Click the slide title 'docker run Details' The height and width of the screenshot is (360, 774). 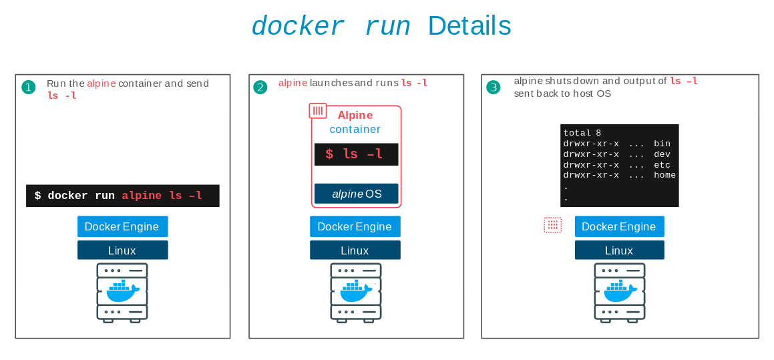[x=381, y=27]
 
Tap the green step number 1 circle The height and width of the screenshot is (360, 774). [x=28, y=87]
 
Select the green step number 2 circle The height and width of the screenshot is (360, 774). [x=260, y=87]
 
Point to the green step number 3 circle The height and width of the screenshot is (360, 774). [x=493, y=87]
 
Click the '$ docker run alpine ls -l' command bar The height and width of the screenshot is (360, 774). [x=123, y=196]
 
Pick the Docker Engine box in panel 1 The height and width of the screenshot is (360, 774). [x=122, y=226]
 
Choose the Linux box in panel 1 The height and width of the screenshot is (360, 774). [x=122, y=250]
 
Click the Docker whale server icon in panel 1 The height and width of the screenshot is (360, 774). [x=122, y=293]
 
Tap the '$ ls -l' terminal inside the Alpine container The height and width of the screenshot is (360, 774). [x=356, y=154]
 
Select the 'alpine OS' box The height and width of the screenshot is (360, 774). [x=356, y=194]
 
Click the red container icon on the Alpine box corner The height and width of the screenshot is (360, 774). [x=318, y=111]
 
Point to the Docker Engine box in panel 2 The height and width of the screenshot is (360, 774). [x=355, y=226]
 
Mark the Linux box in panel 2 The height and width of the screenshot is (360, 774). [x=355, y=250]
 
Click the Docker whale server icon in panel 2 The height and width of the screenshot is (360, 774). [x=355, y=293]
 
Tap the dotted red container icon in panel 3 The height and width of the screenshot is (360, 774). [x=552, y=225]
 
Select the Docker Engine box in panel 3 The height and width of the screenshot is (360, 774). [x=619, y=226]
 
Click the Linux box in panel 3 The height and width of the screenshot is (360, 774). [x=619, y=250]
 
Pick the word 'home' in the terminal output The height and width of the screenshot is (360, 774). [x=664, y=175]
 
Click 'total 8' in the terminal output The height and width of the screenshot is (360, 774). [x=582, y=133]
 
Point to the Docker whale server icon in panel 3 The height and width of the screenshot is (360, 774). [x=620, y=293]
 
